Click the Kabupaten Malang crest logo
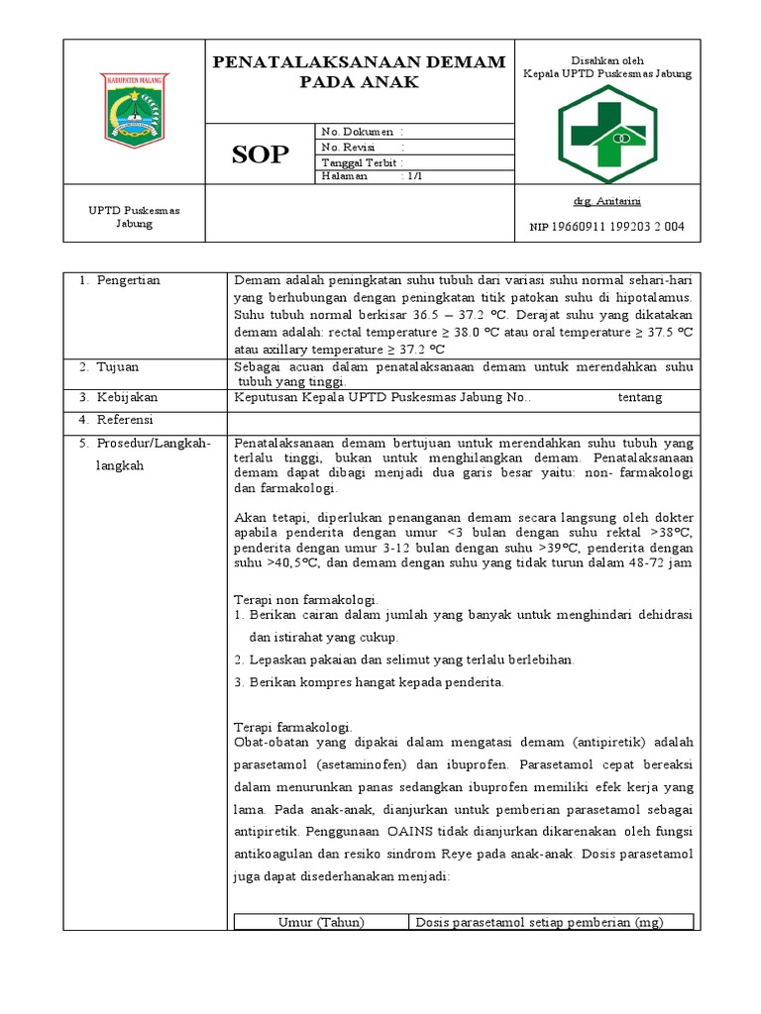pyautogui.click(x=135, y=110)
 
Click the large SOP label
pyautogui.click(x=261, y=153)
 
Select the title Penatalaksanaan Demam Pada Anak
pyautogui.click(x=360, y=72)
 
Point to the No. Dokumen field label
pyautogui.click(x=358, y=132)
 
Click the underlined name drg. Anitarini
pyautogui.click(x=606, y=201)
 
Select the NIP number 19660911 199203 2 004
pyautogui.click(x=606, y=227)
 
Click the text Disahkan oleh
pyautogui.click(x=606, y=59)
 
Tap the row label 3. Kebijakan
pyautogui.click(x=118, y=397)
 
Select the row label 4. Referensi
pyautogui.click(x=118, y=420)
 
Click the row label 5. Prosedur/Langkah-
pyautogui.click(x=144, y=443)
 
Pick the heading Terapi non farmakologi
pyautogui.click(x=306, y=600)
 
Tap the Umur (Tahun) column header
pyautogui.click(x=320, y=922)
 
